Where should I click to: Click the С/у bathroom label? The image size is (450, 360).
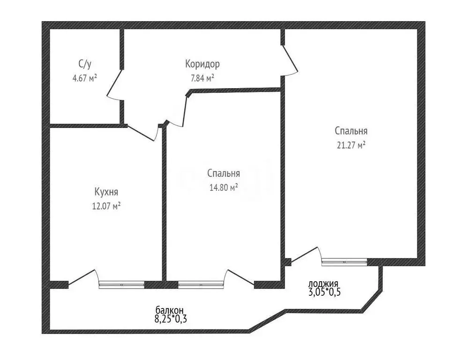pyautogui.click(x=85, y=64)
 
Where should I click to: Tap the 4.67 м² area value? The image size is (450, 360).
pyautogui.click(x=85, y=78)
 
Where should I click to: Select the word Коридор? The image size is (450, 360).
pyautogui.click(x=202, y=64)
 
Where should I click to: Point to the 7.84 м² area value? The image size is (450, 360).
pyautogui.click(x=202, y=78)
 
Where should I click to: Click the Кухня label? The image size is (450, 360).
pyautogui.click(x=106, y=192)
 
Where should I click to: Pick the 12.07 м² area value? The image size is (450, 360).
pyautogui.click(x=106, y=206)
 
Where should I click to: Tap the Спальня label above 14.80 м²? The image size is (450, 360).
pyautogui.click(x=224, y=173)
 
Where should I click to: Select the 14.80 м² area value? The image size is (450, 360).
pyautogui.click(x=224, y=187)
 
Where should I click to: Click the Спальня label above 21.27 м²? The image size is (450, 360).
pyautogui.click(x=351, y=131)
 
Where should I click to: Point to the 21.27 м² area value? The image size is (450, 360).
pyautogui.click(x=351, y=145)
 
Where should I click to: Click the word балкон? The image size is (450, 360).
pyautogui.click(x=169, y=310)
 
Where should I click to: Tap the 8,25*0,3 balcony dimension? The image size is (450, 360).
pyautogui.click(x=171, y=318)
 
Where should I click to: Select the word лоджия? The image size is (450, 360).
pyautogui.click(x=323, y=284)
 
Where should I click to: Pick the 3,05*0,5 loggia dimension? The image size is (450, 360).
pyautogui.click(x=324, y=292)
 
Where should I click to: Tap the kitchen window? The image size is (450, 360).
pyautogui.click(x=121, y=285)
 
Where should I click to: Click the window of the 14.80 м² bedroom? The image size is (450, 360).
pyautogui.click(x=201, y=285)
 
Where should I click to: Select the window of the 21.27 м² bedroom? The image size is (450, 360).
pyautogui.click(x=345, y=262)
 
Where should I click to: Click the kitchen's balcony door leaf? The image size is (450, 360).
pyautogui.click(x=81, y=277)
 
